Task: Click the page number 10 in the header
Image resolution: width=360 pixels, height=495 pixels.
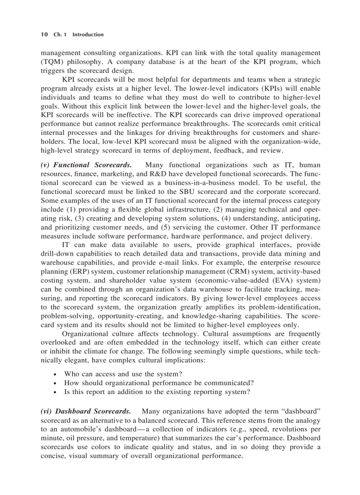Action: pos(44,34)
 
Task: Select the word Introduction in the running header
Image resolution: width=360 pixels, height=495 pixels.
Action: pos(88,34)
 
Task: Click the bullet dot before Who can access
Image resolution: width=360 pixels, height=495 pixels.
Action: pos(54,374)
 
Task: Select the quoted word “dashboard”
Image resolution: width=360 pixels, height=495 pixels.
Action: pos(298,411)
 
